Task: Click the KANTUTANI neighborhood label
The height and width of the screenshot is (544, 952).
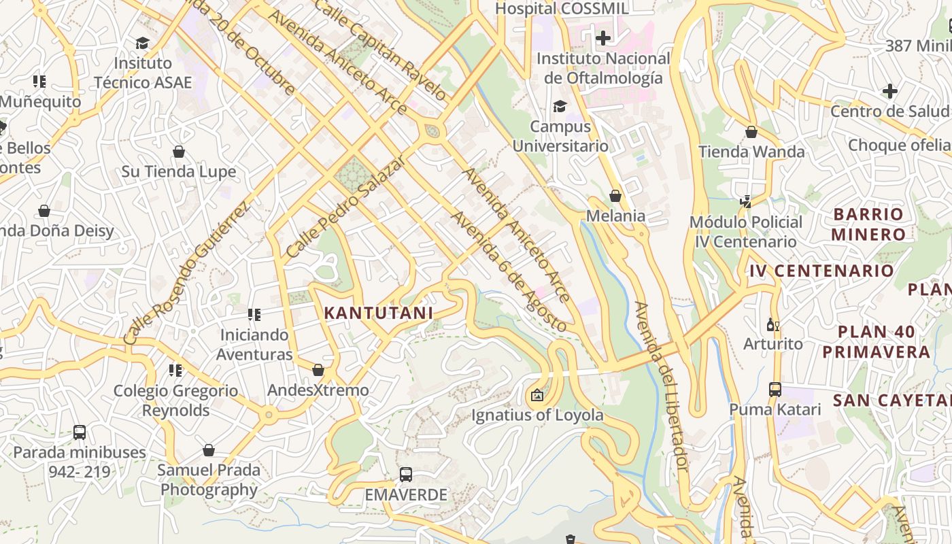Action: pos(378,313)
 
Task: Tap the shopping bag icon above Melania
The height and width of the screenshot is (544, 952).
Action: pos(615,196)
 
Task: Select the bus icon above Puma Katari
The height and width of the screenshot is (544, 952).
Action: pos(775,390)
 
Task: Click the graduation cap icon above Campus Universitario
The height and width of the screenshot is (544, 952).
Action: pos(560,106)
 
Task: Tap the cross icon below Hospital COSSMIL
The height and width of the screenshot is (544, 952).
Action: pos(602,37)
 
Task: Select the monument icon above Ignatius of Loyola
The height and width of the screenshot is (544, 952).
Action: pos(537,394)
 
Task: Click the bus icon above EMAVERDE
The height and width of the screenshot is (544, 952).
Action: pos(406,474)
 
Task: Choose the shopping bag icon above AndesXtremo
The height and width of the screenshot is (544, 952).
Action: pos(318,370)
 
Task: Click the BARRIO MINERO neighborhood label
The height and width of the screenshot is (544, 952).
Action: pos(868,224)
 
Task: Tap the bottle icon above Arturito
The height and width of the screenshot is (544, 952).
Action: pos(772,324)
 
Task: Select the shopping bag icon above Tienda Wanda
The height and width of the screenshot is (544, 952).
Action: pos(751,131)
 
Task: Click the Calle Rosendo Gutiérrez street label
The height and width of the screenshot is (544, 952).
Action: pos(186,272)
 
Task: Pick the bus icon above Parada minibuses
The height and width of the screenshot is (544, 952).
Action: pos(80,432)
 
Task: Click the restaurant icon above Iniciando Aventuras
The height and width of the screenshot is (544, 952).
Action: pos(254,315)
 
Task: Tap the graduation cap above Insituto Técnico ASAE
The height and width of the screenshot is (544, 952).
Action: pos(142,43)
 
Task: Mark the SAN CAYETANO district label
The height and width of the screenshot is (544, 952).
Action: pos(891,400)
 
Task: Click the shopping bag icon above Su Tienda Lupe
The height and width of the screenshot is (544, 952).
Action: pos(179,151)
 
